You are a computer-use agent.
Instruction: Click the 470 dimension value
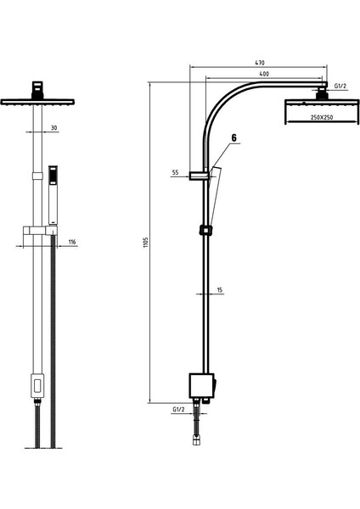260,62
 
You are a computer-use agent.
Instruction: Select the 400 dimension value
264,74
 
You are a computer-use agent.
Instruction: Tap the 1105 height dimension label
145,243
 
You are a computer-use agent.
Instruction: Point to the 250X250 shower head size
322,118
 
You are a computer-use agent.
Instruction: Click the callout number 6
234,138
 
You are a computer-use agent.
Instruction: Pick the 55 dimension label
175,173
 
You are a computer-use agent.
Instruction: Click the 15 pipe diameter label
220,290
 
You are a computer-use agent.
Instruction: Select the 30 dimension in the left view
54,128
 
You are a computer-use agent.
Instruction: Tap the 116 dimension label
72,242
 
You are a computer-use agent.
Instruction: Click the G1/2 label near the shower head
340,86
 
